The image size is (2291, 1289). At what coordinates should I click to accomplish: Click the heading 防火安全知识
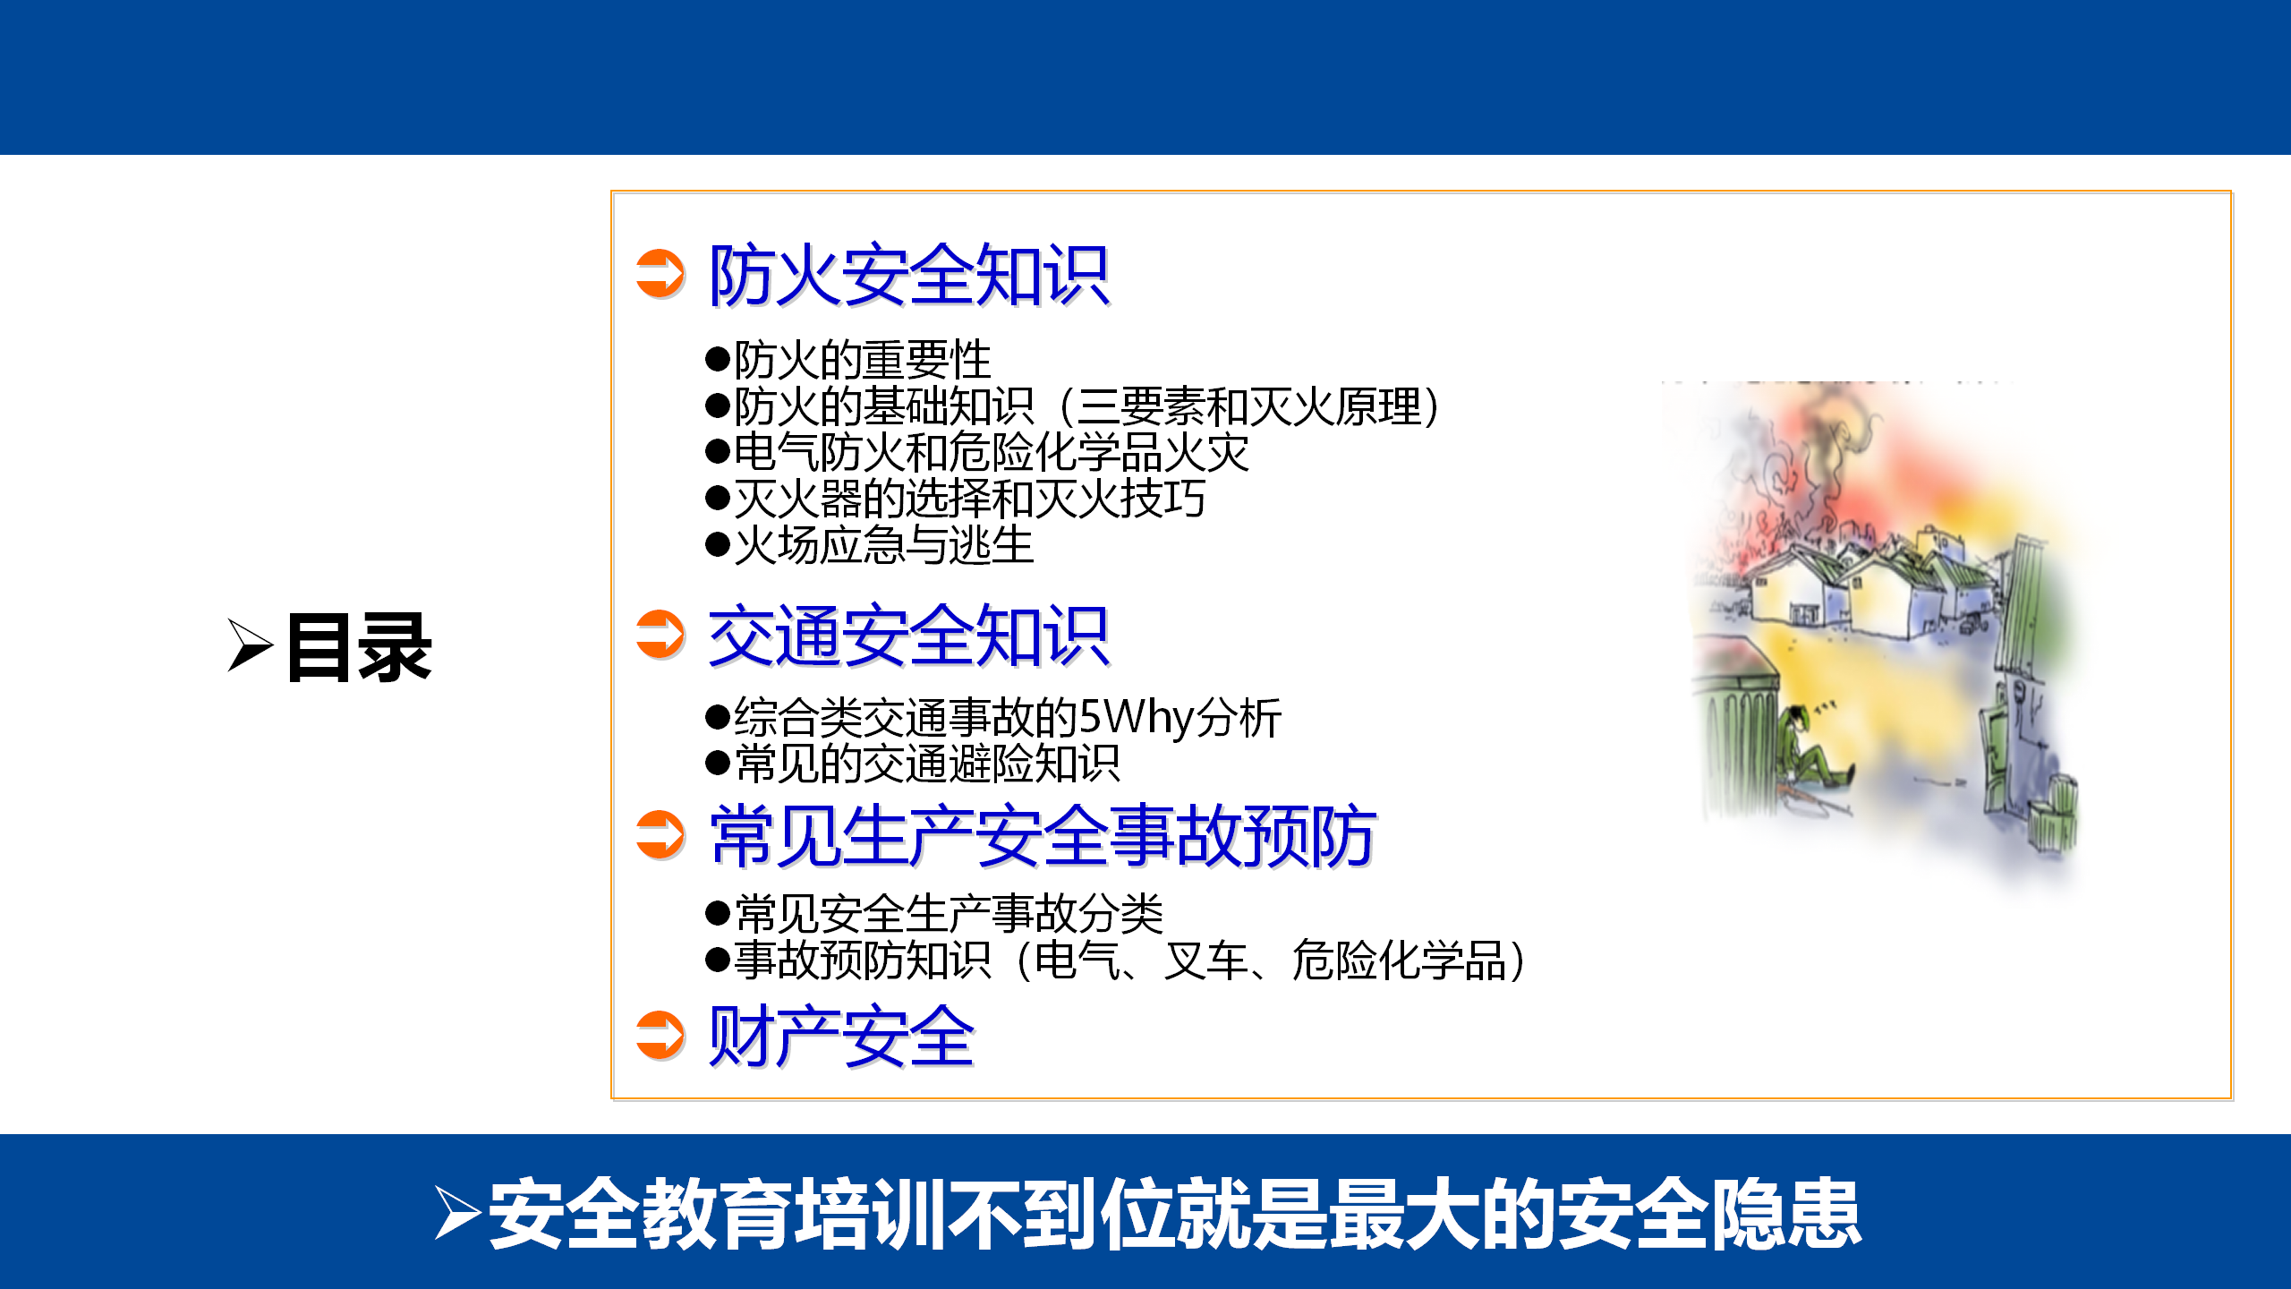[908, 275]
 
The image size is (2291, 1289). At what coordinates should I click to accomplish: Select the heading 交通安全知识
[908, 636]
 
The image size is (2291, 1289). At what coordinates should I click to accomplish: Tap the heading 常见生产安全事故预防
[1043, 835]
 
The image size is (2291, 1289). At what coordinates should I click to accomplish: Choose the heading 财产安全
[841, 1036]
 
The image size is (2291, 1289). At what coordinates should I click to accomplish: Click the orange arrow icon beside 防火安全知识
[660, 274]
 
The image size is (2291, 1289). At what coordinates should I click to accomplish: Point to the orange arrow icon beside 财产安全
[660, 1036]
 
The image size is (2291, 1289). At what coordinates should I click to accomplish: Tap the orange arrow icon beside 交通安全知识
[660, 635]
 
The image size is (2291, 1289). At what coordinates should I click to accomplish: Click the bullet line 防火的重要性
[848, 360]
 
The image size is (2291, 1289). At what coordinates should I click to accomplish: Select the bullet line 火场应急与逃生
[870, 545]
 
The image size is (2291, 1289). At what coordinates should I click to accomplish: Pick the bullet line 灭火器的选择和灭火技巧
[956, 499]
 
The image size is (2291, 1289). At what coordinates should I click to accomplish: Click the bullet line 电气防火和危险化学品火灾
[977, 452]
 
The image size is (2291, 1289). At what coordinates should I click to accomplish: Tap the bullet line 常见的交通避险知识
[913, 764]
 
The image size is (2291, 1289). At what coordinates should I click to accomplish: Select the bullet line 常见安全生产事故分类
[934, 913]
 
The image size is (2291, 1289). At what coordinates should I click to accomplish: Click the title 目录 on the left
[359, 648]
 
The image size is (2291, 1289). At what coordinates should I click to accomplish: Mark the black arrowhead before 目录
[250, 645]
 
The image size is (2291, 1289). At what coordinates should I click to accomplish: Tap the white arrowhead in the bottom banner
[458, 1213]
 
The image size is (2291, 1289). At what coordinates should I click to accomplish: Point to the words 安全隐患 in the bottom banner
[1709, 1214]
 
